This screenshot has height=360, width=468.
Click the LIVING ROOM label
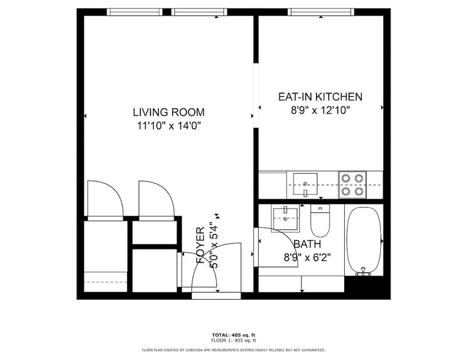[168, 112]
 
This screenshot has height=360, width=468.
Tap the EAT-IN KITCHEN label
[320, 97]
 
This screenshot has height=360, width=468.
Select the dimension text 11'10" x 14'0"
[168, 126]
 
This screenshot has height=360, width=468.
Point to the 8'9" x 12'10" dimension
[320, 111]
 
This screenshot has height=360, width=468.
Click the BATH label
[307, 244]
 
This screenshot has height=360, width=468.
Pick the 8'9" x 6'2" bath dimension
[307, 257]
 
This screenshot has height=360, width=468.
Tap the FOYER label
[200, 245]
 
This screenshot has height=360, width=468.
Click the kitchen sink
[306, 184]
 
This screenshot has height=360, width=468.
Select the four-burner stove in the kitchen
[352, 185]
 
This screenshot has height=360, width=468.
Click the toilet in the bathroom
[320, 221]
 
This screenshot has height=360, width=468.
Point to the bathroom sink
[285, 218]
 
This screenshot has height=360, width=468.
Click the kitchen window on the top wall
[321, 12]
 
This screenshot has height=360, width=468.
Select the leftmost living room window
[135, 12]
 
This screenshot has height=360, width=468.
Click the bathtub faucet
[363, 272]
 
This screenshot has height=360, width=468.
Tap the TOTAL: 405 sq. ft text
[234, 335]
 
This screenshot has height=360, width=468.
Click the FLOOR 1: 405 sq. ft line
[234, 340]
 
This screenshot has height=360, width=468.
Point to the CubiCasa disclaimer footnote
[234, 350]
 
